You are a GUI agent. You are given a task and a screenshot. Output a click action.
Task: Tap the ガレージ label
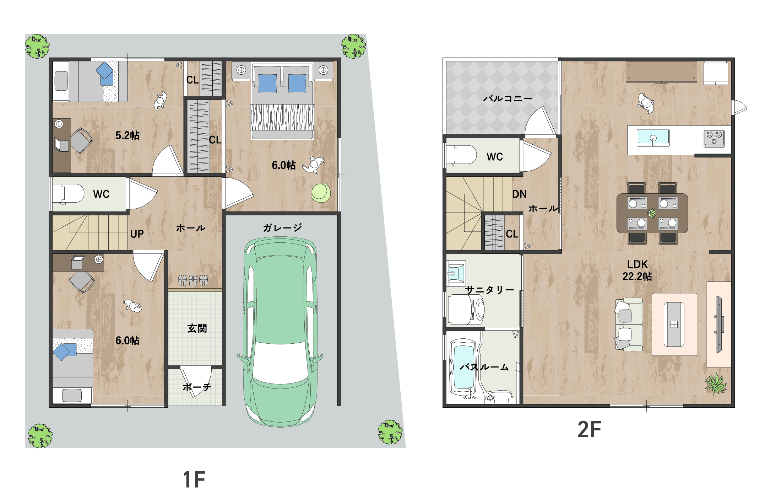pyautogui.click(x=282, y=227)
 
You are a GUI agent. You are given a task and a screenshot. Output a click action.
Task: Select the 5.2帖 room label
pyautogui.click(x=127, y=135)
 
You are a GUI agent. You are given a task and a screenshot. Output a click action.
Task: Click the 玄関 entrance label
pyautogui.click(x=197, y=328)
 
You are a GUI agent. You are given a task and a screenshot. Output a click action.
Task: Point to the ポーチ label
pyautogui.click(x=197, y=387)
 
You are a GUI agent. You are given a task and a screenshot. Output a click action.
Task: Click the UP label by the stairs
pyautogui.click(x=137, y=234)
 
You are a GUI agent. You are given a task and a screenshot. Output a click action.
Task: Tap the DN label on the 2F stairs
pyautogui.click(x=519, y=194)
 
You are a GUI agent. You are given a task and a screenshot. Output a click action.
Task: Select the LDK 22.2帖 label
pyautogui.click(x=637, y=270)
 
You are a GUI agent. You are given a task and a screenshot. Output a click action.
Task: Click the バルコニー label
pyautogui.click(x=508, y=98)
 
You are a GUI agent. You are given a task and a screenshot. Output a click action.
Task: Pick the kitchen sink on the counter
pyautogui.click(x=653, y=138)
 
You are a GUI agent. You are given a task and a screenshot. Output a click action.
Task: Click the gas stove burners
pyautogui.click(x=714, y=139)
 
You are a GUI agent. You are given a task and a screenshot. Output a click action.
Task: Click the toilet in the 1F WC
pyautogui.click(x=68, y=194)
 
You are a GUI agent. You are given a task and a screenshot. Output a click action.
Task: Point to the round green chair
pyautogui.click(x=321, y=193)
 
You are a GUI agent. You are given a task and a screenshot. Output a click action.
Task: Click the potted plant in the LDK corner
pyautogui.click(x=716, y=384)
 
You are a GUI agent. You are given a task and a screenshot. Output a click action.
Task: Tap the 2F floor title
pyautogui.click(x=589, y=429)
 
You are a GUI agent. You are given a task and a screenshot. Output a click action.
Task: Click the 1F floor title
pyautogui.click(x=194, y=479)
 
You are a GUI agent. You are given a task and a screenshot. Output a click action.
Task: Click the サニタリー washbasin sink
pyautogui.click(x=456, y=273)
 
